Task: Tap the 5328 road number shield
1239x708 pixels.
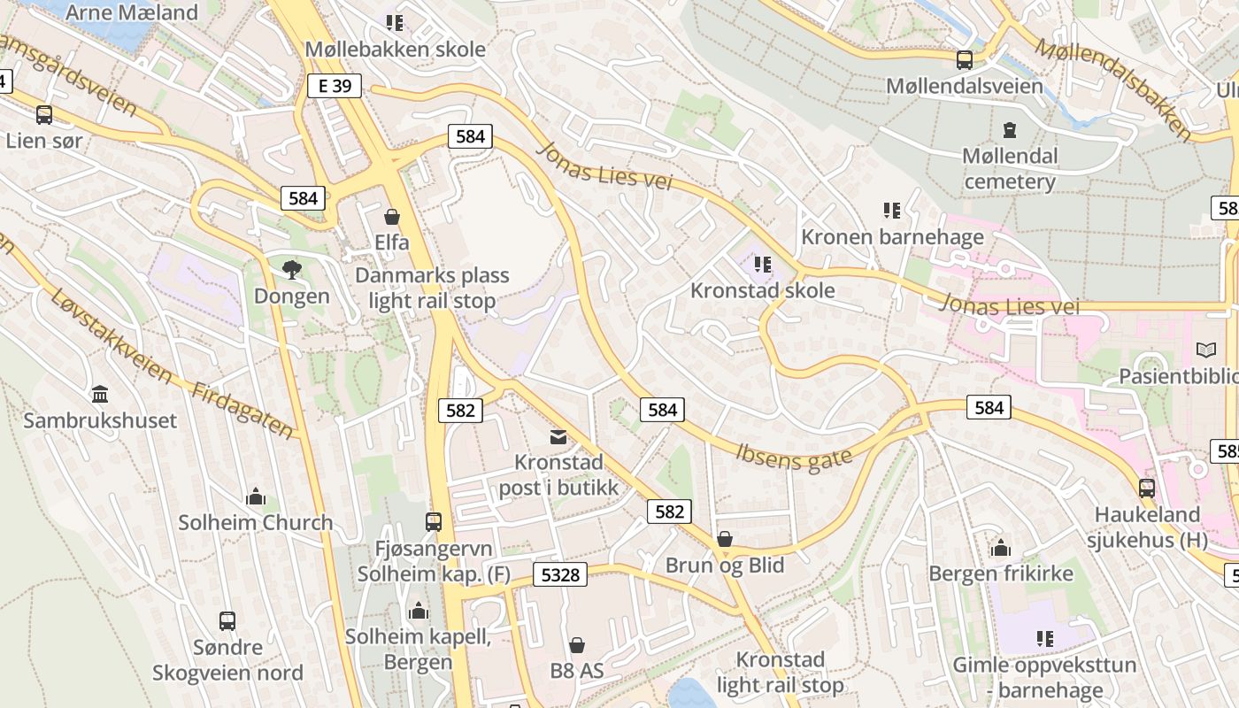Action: click(x=560, y=575)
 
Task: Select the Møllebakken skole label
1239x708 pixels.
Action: click(x=395, y=50)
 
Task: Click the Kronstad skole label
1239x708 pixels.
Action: click(x=762, y=290)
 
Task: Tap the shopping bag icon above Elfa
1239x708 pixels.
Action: click(x=392, y=217)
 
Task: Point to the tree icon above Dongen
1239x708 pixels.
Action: click(x=291, y=270)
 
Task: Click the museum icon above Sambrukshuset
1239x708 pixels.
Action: click(x=100, y=394)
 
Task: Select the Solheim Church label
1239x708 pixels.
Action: click(x=256, y=522)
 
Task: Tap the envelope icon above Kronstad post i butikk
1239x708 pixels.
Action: click(x=558, y=436)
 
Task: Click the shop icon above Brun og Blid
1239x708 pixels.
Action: click(x=725, y=539)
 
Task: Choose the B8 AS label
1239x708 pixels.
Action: click(x=577, y=670)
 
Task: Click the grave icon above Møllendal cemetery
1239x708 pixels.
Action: click(x=1010, y=131)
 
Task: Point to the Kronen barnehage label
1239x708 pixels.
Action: click(x=892, y=237)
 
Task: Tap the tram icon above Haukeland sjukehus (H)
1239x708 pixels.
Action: click(x=1147, y=488)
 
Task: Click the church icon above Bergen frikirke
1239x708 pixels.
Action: click(x=1001, y=548)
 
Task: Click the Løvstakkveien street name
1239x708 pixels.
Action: click(x=112, y=336)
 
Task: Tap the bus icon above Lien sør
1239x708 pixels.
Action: click(x=43, y=115)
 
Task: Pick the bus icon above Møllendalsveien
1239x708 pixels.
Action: click(x=965, y=60)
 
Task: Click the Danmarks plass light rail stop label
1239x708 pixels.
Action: click(x=432, y=288)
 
